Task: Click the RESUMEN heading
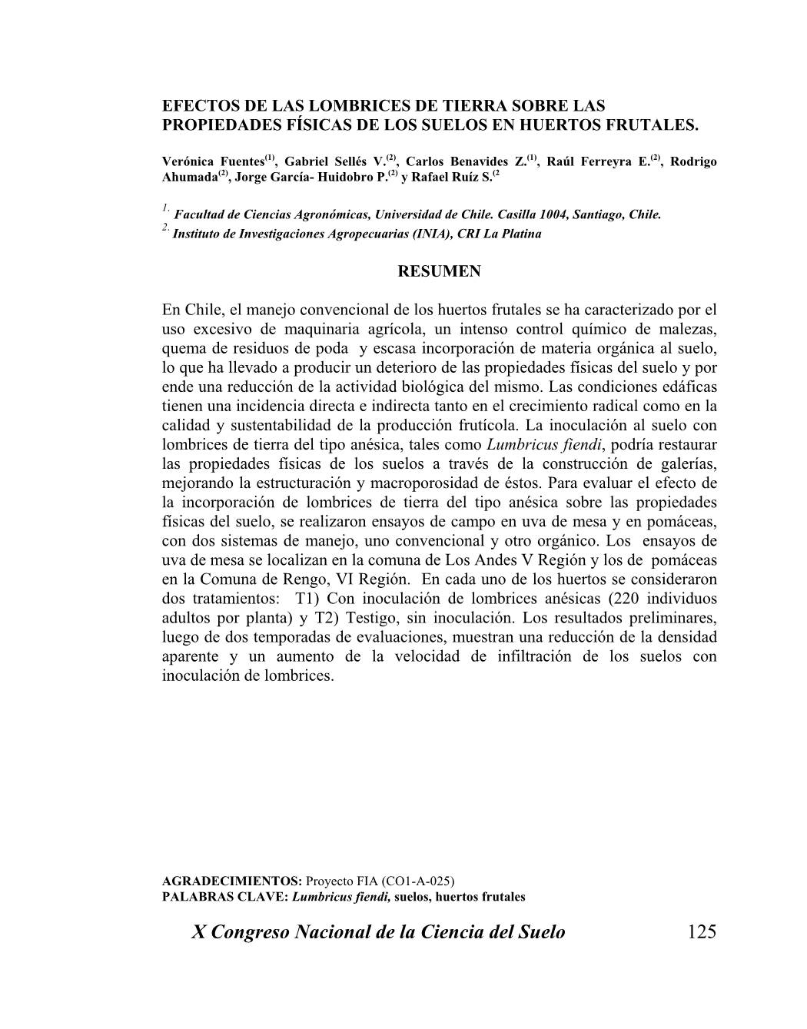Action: pos(439,271)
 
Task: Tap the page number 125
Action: pos(702,932)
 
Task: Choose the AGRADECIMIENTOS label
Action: pos(232,881)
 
